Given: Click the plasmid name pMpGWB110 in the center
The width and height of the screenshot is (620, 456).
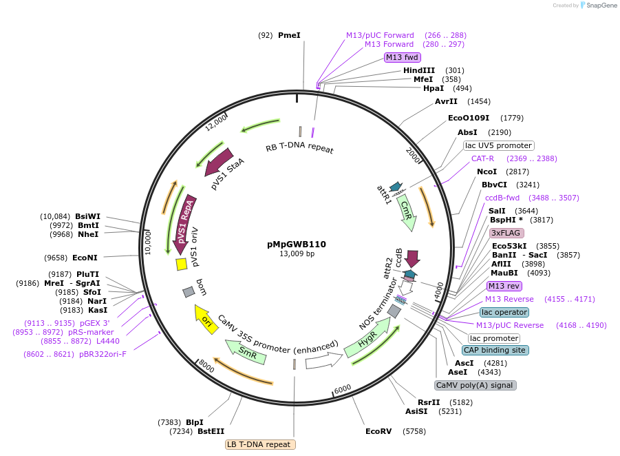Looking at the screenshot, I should tap(297, 244).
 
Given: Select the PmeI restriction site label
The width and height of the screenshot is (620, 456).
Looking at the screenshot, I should tap(289, 35).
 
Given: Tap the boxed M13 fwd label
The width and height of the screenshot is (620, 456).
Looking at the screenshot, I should tap(402, 57).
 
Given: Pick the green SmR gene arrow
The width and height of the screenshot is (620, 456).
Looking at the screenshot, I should tap(246, 352).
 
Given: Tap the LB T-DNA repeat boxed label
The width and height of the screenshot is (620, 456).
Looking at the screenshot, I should tap(260, 444).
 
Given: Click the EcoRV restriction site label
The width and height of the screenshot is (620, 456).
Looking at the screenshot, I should tap(378, 432).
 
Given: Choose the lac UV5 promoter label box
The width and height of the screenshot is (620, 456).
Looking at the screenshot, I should tap(498, 145).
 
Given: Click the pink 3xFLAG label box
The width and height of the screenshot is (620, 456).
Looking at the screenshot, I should tap(506, 233).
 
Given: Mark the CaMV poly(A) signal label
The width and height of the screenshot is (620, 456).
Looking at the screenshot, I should tap(475, 385).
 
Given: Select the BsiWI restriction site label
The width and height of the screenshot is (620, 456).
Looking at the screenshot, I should tap(87, 216).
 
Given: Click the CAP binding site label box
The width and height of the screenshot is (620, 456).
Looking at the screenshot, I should tap(495, 350).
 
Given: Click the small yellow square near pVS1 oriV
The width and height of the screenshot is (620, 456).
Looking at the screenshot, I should tap(182, 264).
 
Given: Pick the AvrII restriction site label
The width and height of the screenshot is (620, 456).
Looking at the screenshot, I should tap(446, 101).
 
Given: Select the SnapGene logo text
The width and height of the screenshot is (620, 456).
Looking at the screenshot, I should tap(601, 6).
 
